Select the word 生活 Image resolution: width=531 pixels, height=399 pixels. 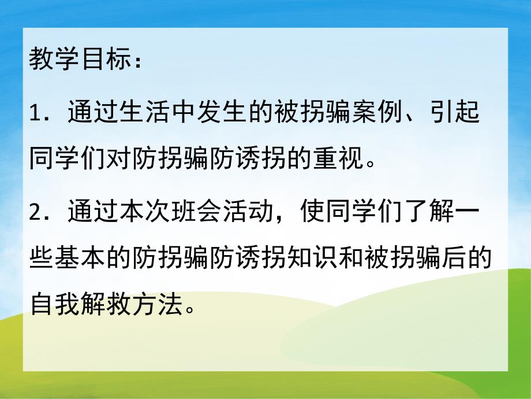(145, 111)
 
